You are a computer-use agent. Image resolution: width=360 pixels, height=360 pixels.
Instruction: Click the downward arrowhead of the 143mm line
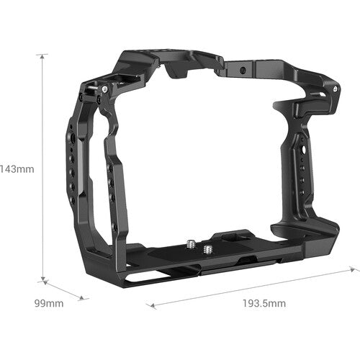pyautogui.click(x=45, y=279)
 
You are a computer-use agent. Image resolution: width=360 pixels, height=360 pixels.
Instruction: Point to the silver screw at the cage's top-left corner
pyautogui.click(x=105, y=89)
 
